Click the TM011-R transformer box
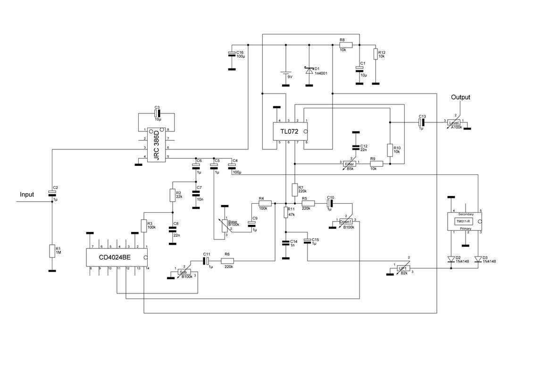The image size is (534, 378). (x=465, y=221)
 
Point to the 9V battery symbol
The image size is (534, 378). (x=285, y=74)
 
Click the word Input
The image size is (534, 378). (x=27, y=194)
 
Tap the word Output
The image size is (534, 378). (x=460, y=97)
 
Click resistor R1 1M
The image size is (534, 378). (x=52, y=251)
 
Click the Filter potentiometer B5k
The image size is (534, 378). (x=350, y=164)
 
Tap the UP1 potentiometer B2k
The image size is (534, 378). (x=402, y=268)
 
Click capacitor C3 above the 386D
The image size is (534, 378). (x=157, y=113)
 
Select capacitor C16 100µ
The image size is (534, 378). (x=232, y=53)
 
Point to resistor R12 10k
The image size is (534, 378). (x=375, y=54)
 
